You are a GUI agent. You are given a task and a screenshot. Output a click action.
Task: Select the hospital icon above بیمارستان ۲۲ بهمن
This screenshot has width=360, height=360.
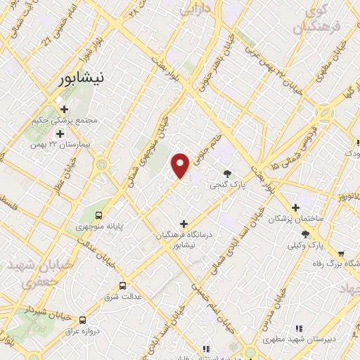pos(60,133)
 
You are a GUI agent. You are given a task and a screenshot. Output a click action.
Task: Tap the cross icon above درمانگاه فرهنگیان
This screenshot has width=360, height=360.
pos(184,224)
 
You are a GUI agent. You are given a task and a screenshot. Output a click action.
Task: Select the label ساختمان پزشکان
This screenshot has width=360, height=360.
pos(297,219)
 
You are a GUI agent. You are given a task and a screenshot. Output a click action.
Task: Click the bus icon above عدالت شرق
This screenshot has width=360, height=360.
pos(123,285)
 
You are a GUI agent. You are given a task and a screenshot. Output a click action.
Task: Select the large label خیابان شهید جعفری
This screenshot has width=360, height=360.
pos(29,275)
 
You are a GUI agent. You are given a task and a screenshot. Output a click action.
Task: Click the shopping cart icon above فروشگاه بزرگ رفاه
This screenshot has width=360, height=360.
pos(341,254)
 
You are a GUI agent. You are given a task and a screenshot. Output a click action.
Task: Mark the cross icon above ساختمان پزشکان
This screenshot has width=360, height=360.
pos(295,208)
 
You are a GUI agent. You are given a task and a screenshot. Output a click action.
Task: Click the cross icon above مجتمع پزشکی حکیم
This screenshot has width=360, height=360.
pos(65,110)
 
